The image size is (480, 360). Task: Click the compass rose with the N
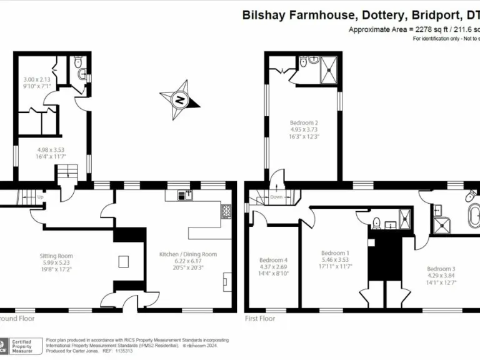[180, 99]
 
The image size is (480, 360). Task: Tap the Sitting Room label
[57, 256]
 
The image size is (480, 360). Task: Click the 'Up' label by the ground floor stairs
[41, 197]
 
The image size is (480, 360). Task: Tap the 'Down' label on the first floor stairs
[277, 197]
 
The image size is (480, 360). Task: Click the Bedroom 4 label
[273, 260]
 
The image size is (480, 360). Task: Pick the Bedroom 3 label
[441, 269]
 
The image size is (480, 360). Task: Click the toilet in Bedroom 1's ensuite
[377, 222]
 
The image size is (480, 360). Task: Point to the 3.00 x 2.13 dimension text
[37, 80]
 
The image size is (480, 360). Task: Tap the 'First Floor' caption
[259, 318]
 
